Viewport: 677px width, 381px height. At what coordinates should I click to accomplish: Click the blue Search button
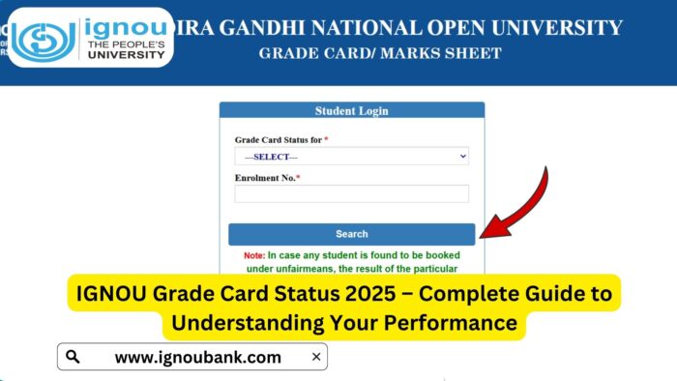(x=351, y=233)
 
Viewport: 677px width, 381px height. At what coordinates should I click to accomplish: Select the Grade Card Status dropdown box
(x=351, y=156)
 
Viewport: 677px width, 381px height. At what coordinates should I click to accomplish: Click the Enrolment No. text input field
(x=351, y=194)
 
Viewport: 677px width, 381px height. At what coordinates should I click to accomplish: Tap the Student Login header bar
(x=351, y=111)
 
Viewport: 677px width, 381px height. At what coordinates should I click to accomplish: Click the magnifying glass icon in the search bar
(x=73, y=357)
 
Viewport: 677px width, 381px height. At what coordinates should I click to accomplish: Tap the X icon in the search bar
(x=315, y=357)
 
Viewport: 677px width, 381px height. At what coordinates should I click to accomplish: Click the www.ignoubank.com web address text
(x=197, y=357)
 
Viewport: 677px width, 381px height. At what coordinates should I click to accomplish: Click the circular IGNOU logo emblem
(x=42, y=39)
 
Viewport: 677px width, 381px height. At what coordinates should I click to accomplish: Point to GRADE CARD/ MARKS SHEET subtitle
(x=380, y=53)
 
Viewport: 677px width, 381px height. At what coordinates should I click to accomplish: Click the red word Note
(x=253, y=255)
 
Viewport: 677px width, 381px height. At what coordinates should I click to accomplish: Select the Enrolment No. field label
(x=267, y=178)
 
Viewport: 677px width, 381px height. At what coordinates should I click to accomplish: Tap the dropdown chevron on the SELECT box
(x=462, y=156)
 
